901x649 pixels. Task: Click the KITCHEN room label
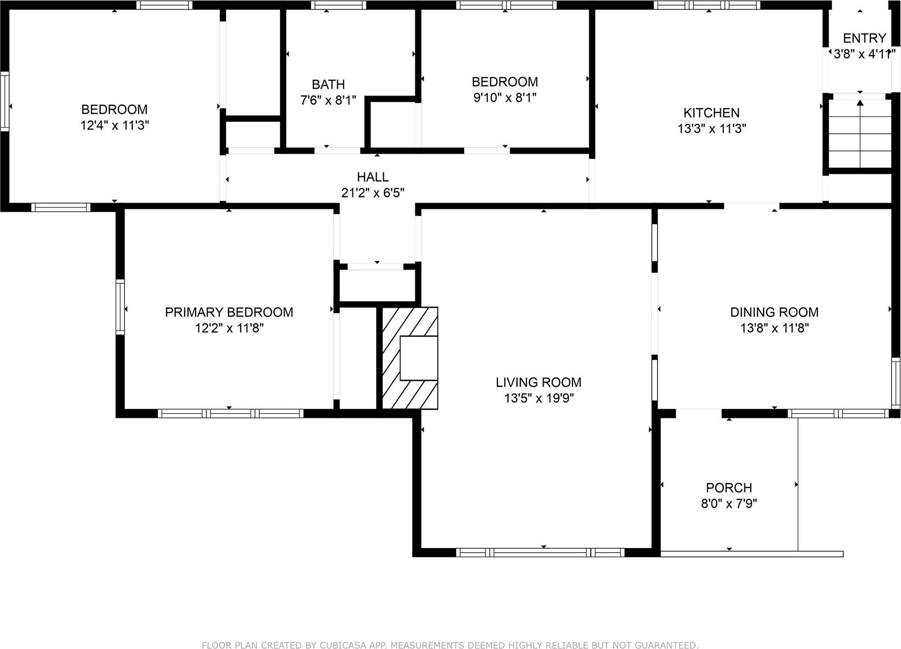point(711,113)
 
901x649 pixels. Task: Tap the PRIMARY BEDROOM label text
point(229,312)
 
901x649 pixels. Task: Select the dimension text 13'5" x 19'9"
point(539,398)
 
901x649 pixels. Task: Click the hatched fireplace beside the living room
point(410,358)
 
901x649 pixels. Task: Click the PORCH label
point(729,488)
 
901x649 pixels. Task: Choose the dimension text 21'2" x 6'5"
point(373,193)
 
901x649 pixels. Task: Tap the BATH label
point(328,85)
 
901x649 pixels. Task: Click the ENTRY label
point(864,38)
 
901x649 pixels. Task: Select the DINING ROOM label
point(774,312)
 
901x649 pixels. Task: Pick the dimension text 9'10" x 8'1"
point(505,98)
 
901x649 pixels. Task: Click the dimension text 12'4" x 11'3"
point(115,125)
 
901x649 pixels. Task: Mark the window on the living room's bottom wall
point(540,553)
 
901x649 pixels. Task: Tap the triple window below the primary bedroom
point(230,413)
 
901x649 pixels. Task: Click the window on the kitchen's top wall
point(707,5)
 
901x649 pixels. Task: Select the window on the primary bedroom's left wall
point(120,307)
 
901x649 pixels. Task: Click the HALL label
point(373,177)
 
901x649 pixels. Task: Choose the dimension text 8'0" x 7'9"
point(729,504)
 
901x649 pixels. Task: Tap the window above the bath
point(339,5)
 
